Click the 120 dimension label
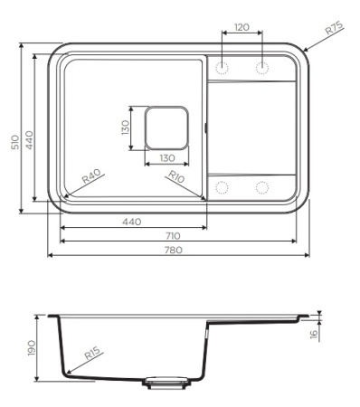point(242,27)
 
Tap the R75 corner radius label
point(335,28)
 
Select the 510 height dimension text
point(15,142)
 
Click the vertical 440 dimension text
point(29,139)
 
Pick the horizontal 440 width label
point(132,222)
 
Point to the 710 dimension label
point(173,236)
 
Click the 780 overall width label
point(174,250)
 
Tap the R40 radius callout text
point(91,176)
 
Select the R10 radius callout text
point(175,177)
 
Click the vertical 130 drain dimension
point(126,128)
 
